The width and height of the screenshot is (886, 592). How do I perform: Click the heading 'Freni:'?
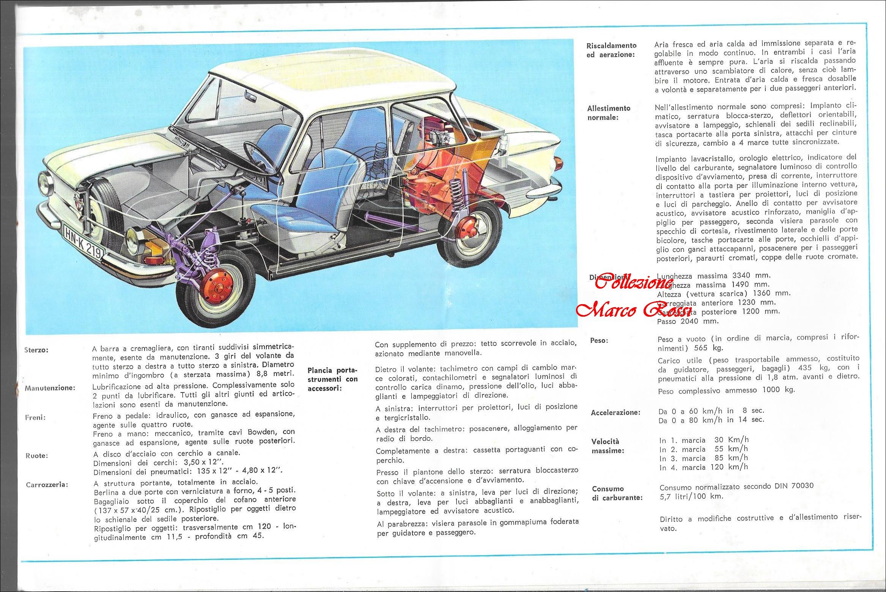tap(36, 418)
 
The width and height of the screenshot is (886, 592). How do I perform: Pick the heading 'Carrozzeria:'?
tap(47, 485)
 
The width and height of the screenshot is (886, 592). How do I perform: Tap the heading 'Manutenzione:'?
tap(50, 388)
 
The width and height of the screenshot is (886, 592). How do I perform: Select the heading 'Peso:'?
tap(599, 341)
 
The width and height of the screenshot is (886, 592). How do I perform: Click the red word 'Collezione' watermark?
tap(634, 283)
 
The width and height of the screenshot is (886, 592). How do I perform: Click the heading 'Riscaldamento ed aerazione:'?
tap(611, 50)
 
